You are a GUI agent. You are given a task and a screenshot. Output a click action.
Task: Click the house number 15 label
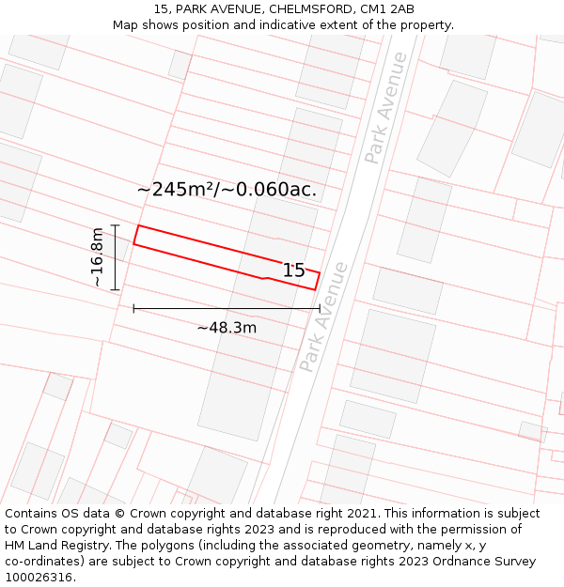tap(294, 270)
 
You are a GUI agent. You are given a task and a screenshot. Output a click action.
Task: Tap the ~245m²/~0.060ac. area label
tap(227, 189)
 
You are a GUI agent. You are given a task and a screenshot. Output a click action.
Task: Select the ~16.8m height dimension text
tap(98, 257)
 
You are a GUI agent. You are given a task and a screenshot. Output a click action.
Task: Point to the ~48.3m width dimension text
tap(227, 328)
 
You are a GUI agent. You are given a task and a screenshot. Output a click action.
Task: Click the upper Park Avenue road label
tap(386, 107)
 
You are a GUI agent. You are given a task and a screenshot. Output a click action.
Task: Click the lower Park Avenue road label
tap(323, 316)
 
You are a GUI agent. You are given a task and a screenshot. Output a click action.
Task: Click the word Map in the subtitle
tap(126, 25)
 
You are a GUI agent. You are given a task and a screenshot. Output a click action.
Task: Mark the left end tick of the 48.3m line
tap(133, 308)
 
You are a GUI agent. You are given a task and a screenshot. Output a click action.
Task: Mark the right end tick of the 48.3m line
tap(320, 308)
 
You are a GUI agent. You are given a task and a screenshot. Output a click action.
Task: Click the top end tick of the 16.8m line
tap(115, 225)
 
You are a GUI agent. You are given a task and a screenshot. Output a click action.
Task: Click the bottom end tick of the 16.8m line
tap(115, 289)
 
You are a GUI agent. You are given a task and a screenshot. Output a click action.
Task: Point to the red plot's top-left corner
tap(139, 226)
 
